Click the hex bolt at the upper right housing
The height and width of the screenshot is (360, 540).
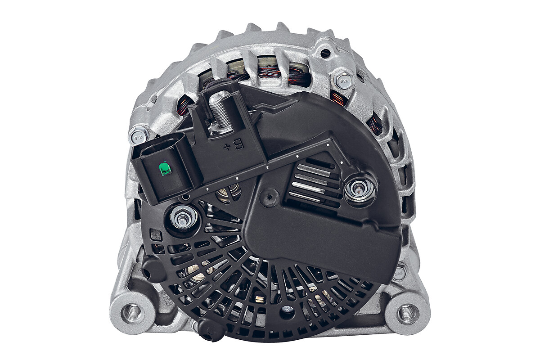point(343,80)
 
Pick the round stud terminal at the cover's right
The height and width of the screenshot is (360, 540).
point(360,189)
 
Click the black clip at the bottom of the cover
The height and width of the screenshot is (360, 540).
point(211,332)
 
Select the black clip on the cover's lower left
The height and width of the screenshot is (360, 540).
point(152,269)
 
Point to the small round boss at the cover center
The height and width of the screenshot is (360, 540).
point(270,197)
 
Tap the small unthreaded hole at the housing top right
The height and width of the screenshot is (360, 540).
point(325,54)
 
